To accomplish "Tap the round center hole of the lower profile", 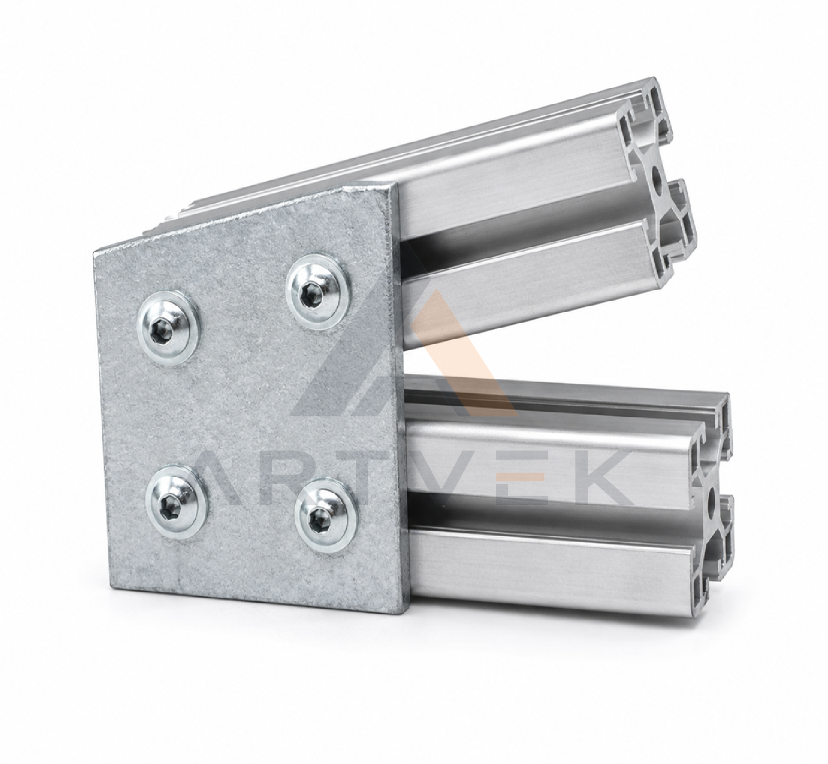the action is click(x=711, y=500).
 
